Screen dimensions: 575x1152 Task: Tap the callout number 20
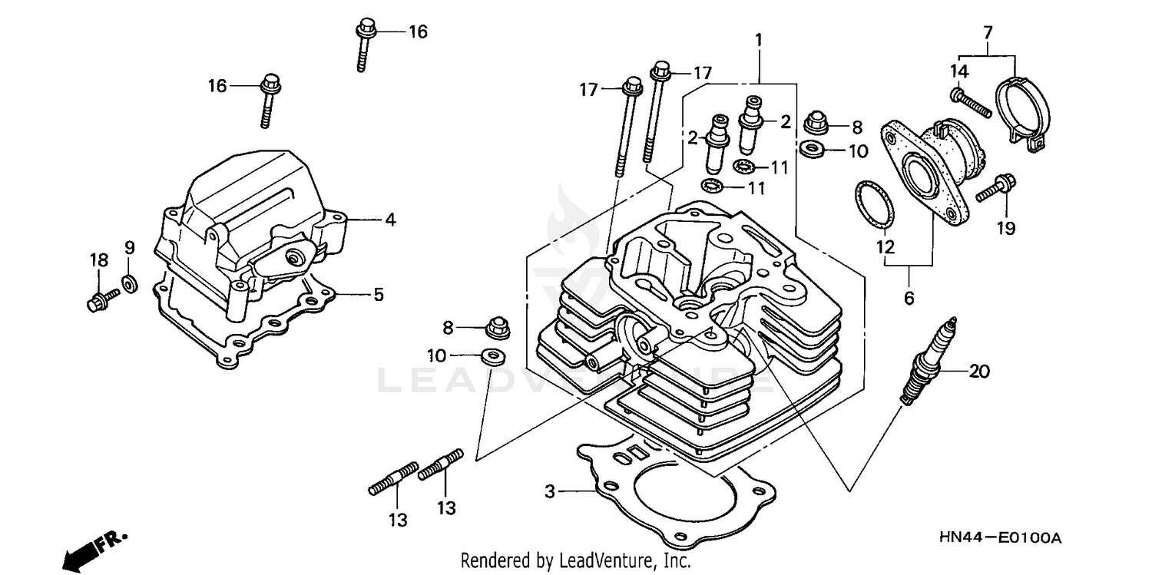point(979,372)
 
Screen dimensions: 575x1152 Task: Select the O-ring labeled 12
point(876,206)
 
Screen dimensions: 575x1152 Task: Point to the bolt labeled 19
point(997,188)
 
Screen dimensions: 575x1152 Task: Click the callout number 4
point(390,220)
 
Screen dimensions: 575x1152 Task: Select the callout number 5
point(379,295)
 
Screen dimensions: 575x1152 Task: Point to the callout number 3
point(550,491)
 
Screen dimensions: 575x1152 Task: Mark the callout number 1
point(759,39)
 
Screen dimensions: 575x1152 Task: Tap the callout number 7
point(988,32)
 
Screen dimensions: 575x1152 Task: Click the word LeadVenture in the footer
point(604,561)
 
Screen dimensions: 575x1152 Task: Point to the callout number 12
point(885,247)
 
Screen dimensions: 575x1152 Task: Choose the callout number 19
point(1006,228)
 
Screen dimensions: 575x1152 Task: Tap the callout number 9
point(130,247)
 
